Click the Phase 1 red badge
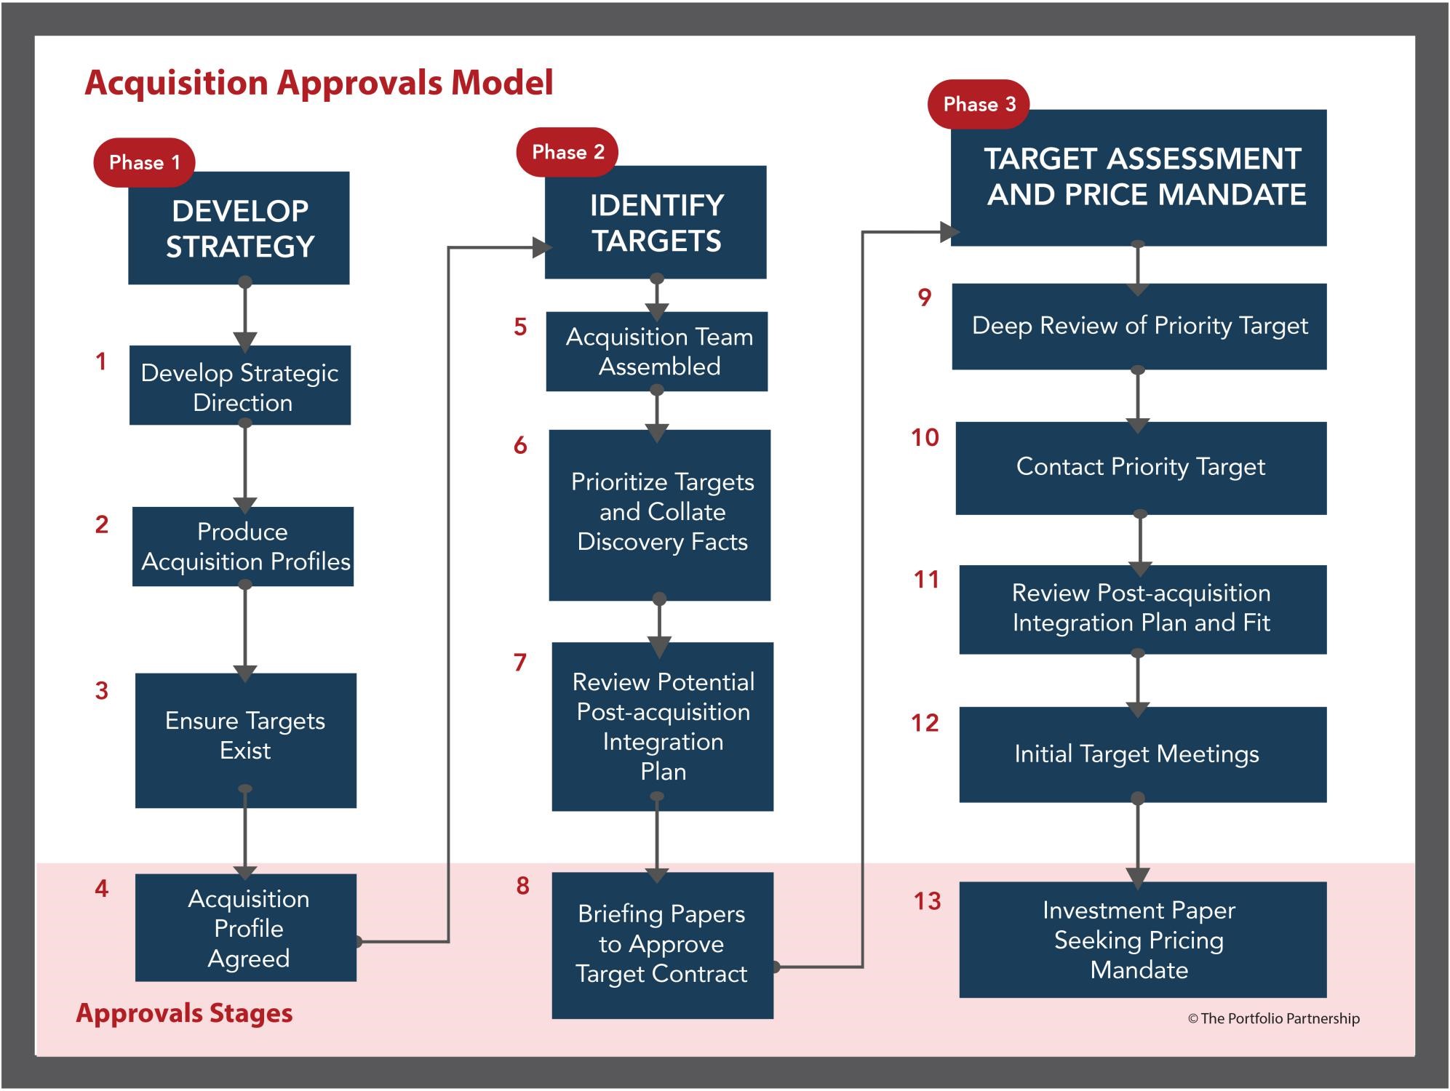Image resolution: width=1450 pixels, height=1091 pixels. tap(144, 162)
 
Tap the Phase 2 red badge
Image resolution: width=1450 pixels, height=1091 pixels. tap(567, 152)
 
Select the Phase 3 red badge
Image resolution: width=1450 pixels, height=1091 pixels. tap(979, 104)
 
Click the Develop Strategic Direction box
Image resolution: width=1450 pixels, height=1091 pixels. tap(240, 385)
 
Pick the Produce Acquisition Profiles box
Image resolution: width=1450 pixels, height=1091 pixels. tap(243, 547)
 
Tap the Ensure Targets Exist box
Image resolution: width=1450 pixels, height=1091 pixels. tap(246, 740)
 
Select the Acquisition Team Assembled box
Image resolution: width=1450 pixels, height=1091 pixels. tap(657, 351)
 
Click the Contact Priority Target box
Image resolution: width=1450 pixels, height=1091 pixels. tap(1142, 468)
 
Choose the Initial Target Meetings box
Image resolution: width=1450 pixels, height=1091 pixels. tap(1143, 755)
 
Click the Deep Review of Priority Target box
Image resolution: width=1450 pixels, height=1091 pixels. tap(1139, 327)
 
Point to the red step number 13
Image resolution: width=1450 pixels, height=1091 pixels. tap(928, 901)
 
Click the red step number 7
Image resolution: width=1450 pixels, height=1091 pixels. tap(520, 663)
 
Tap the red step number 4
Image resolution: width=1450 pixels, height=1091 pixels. tap(102, 888)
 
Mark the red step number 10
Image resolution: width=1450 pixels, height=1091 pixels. tap(925, 438)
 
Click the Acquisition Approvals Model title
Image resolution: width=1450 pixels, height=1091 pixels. tap(319, 82)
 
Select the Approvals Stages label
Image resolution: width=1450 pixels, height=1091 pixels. tap(184, 1013)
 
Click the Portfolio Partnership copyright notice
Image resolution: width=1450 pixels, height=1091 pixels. tap(1273, 1018)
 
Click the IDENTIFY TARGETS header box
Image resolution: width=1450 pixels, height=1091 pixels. tap(656, 222)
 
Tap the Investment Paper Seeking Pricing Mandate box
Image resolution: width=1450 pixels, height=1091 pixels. tap(1143, 940)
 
